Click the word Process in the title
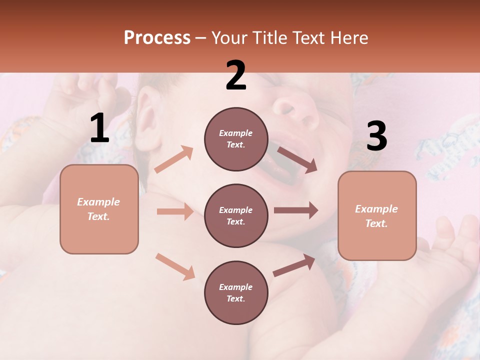157,38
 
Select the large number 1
99,128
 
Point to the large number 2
236,76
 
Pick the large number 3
376,137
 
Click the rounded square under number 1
99,209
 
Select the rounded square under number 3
377,216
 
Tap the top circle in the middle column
236,139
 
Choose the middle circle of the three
236,215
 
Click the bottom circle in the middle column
236,292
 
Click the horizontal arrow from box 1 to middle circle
174,211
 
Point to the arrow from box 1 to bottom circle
175,266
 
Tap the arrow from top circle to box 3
296,160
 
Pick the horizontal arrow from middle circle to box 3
296,210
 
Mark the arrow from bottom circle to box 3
294,265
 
